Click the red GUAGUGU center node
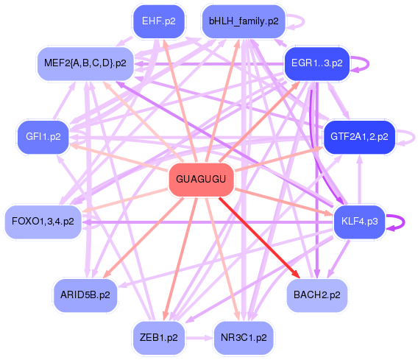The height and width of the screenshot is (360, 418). click(202, 180)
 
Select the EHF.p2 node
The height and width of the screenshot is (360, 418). click(158, 21)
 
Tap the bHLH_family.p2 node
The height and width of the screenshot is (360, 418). click(243, 21)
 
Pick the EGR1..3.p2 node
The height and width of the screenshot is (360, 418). click(316, 63)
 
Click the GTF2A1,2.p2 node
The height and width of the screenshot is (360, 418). click(360, 136)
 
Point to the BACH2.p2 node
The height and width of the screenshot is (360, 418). click(316, 295)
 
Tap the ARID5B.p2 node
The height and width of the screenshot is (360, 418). click(85, 295)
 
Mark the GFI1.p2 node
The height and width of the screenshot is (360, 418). click(43, 136)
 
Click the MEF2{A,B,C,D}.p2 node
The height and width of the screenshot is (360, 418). click(85, 63)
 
